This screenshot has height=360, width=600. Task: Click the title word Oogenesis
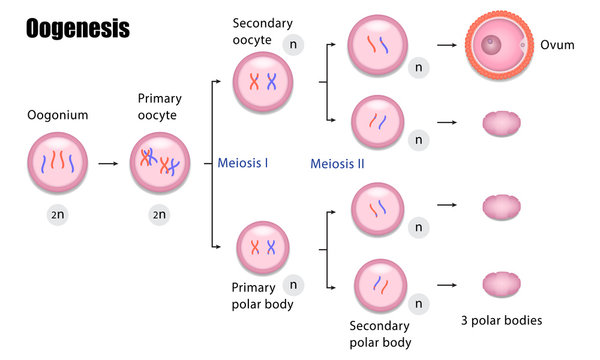coord(77,28)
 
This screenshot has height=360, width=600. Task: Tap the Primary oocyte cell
coord(160,161)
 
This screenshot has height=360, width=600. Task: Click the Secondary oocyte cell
coord(262,82)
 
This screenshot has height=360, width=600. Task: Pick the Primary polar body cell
coord(264,248)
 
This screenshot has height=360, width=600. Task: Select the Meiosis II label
coord(337,162)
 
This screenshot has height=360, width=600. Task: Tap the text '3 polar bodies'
coord(502,321)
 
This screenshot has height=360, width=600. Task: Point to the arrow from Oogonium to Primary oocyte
coord(108,161)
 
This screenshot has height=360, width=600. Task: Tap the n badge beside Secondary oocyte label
coord(294,44)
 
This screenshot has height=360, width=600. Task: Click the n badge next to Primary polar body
coord(293,284)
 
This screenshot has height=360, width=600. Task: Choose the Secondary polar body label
coord(380,334)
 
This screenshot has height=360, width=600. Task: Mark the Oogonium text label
coord(57,115)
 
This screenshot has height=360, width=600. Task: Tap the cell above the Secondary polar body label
coord(378,286)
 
